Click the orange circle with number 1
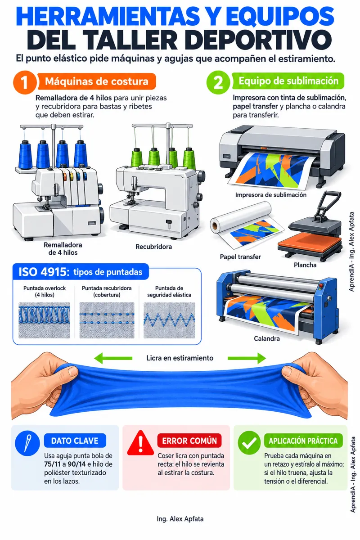pyautogui.click(x=25, y=82)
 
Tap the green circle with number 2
pyautogui.click(x=218, y=82)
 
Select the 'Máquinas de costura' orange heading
pyautogui.click(x=97, y=81)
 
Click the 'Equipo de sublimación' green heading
pyautogui.click(x=288, y=81)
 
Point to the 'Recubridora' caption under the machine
pyautogui.click(x=153, y=247)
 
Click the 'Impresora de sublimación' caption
pyautogui.click(x=271, y=195)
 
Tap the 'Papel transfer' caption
pyautogui.click(x=240, y=257)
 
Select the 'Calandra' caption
pyautogui.click(x=267, y=338)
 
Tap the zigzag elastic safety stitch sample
pyautogui.click(x=169, y=320)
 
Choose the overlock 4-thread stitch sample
pyautogui.click(x=45, y=320)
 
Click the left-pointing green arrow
pyautogui.click(x=113, y=358)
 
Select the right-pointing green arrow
pyautogui.click(x=247, y=358)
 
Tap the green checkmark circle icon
pyautogui.click(x=249, y=442)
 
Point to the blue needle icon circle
pyautogui.click(x=27, y=443)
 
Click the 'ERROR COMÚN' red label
pyautogui.click(x=189, y=441)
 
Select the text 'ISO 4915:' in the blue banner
pyautogui.click(x=44, y=272)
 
